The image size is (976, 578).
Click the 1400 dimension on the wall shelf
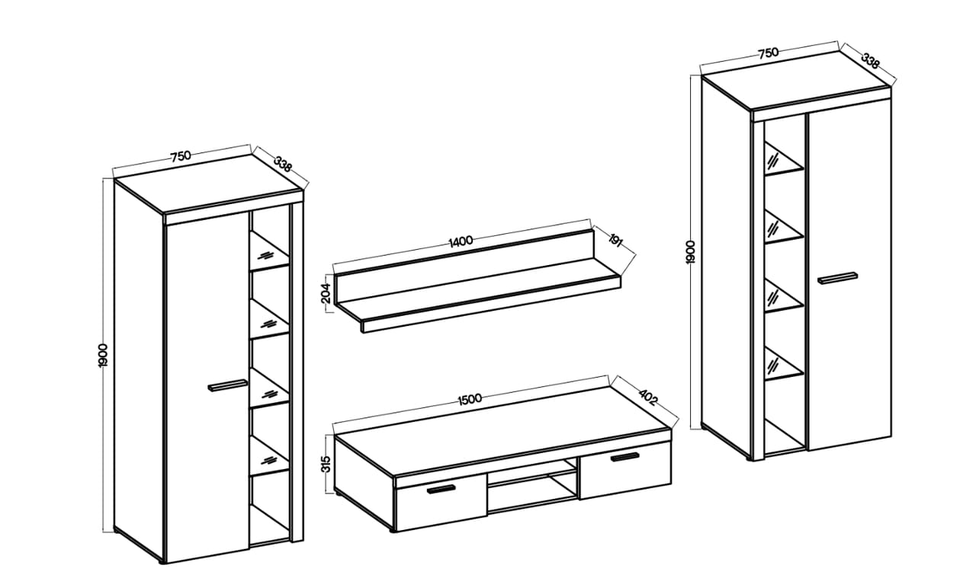pyautogui.click(x=461, y=240)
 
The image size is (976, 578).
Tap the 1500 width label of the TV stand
pyautogui.click(x=470, y=398)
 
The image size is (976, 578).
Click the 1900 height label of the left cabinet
pyautogui.click(x=103, y=356)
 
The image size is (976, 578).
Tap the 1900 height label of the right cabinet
pyautogui.click(x=691, y=251)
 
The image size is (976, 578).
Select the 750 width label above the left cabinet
pyautogui.click(x=181, y=156)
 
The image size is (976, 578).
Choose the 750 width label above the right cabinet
pyautogui.click(x=768, y=53)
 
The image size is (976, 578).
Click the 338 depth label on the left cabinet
pyautogui.click(x=282, y=164)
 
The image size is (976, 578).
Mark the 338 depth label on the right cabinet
pyautogui.click(x=871, y=61)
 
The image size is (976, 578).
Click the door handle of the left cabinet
pyautogui.click(x=227, y=385)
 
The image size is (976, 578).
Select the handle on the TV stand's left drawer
pyautogui.click(x=441, y=489)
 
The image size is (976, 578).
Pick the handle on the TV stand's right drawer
pyautogui.click(x=624, y=456)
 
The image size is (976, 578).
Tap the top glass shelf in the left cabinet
pyautogui.click(x=270, y=251)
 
